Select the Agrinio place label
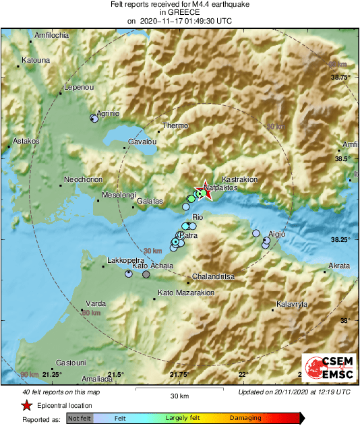coord(109,113)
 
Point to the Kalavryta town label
coord(295,304)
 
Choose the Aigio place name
coord(277,233)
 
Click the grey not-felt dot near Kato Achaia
coord(146,274)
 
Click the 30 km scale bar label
coord(179,395)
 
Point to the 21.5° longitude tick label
coord(115,374)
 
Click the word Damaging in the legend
coord(246,419)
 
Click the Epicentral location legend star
coord(26,405)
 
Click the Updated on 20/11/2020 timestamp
coord(294,392)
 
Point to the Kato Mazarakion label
coord(186,293)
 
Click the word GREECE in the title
coord(179,12)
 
